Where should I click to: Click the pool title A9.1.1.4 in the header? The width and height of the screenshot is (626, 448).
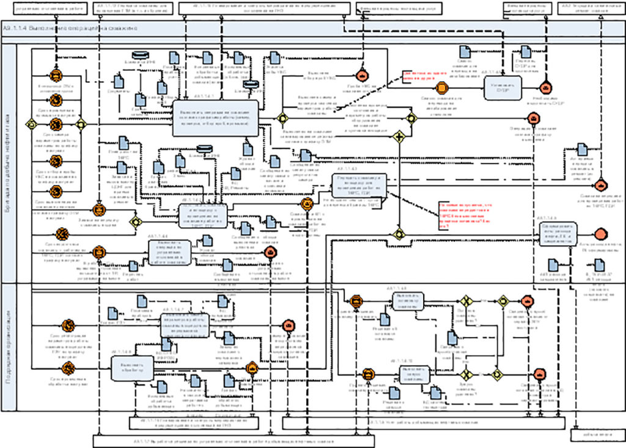click(x=71, y=29)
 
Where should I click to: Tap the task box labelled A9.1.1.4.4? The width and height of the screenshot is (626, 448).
click(x=171, y=251)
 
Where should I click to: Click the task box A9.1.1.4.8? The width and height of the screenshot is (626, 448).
click(x=131, y=368)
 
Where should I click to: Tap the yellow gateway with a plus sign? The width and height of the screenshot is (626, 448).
click(x=399, y=136)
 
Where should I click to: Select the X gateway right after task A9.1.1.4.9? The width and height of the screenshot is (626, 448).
click(x=467, y=301)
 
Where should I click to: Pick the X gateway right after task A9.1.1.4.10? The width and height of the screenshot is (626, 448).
click(x=467, y=374)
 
